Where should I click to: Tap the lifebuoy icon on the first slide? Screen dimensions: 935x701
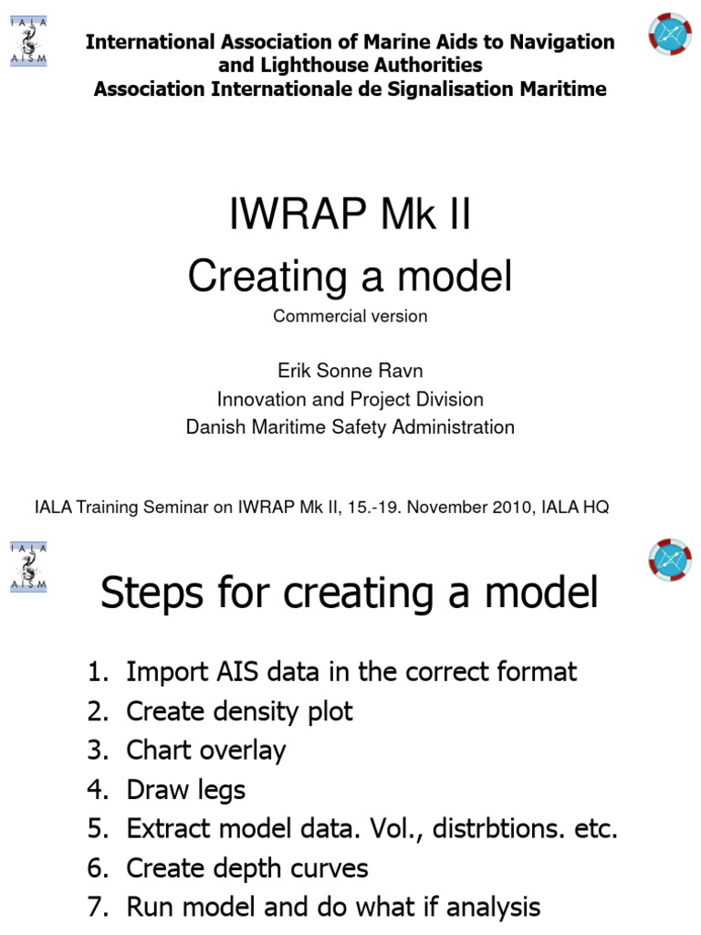670,34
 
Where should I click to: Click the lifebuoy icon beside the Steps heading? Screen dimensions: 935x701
670,561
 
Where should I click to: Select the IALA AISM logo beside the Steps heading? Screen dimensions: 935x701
29,567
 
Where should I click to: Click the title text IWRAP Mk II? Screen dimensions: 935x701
350,217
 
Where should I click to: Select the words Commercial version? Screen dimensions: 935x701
350,317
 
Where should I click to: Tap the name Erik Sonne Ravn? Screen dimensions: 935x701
350,372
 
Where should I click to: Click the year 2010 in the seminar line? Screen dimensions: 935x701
509,508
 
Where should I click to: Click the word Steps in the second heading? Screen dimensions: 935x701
149,594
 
